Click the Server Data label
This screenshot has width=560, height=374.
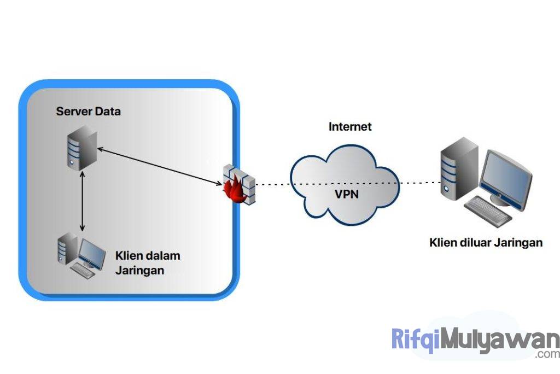pyautogui.click(x=88, y=112)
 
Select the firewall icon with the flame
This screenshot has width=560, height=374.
pyautogui.click(x=240, y=184)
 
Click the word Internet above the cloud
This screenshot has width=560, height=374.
pyautogui.click(x=350, y=127)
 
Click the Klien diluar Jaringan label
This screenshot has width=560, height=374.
pyautogui.click(x=486, y=242)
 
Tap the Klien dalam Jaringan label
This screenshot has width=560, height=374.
pyautogui.click(x=148, y=263)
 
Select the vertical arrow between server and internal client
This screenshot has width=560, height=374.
pyautogui.click(x=83, y=200)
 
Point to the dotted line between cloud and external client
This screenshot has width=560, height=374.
pyautogui.click(x=420, y=183)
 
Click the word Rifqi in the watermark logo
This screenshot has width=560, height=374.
pyautogui.click(x=416, y=340)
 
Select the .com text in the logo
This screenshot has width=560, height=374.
pyautogui.click(x=546, y=355)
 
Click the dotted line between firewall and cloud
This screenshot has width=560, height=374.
pyautogui.click(x=273, y=184)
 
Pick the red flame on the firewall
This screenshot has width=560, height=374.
pyautogui.click(x=232, y=191)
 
